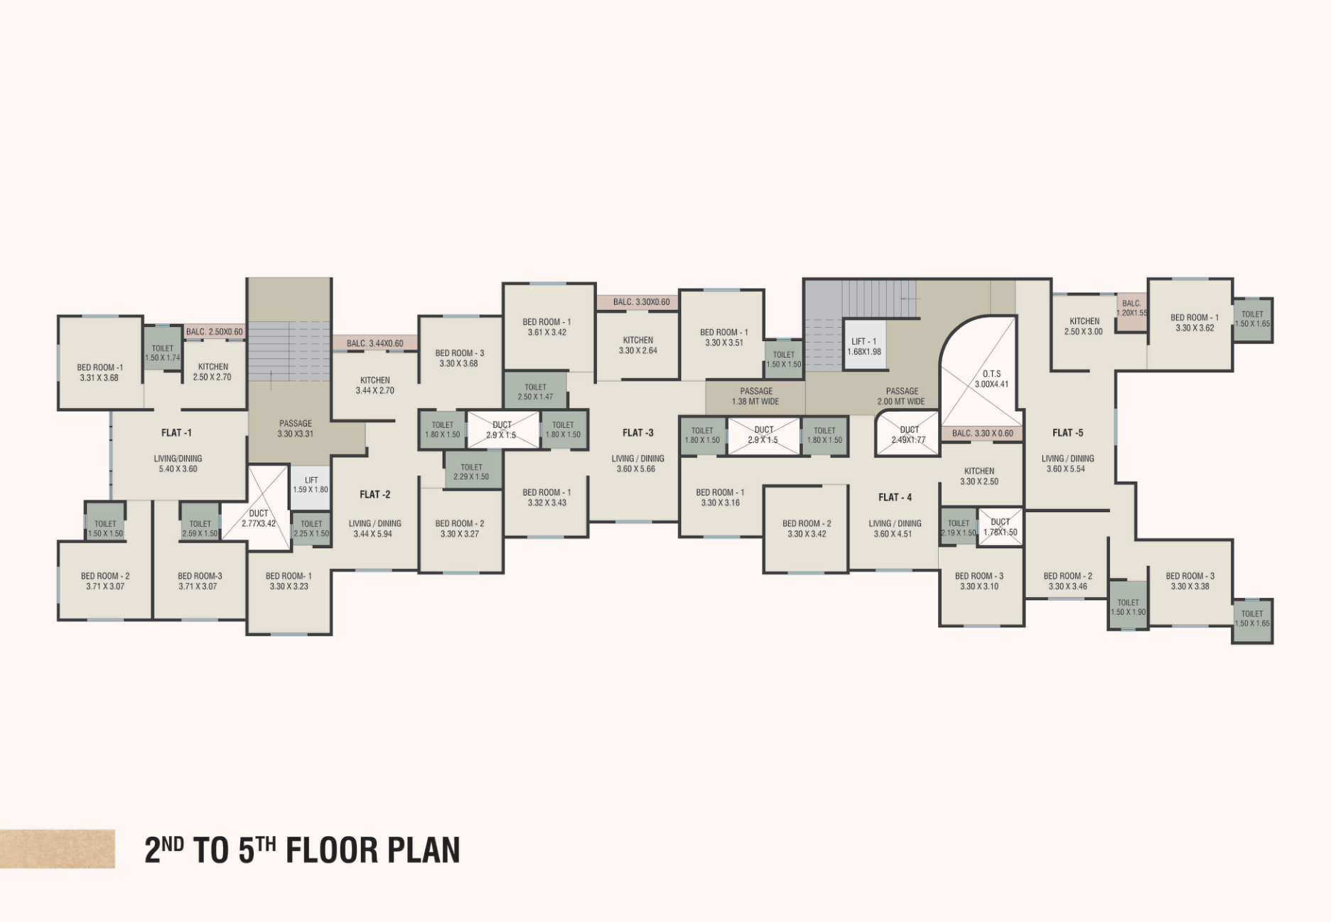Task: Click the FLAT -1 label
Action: click(176, 432)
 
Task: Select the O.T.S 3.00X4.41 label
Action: click(991, 379)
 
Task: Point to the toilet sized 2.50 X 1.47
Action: click(535, 390)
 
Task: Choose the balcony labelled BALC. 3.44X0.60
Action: click(374, 343)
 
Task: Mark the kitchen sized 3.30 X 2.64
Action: click(637, 345)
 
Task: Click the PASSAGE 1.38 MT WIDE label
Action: click(755, 396)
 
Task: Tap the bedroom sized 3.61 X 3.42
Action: click(548, 327)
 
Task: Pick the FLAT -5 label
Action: click(1067, 432)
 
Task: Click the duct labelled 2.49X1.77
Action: click(908, 434)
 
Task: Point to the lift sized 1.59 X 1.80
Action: click(311, 486)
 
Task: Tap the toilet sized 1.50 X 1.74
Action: click(163, 348)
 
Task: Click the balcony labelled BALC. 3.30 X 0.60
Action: click(982, 433)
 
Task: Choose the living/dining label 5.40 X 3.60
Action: click(178, 463)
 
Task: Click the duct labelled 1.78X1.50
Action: click(1001, 527)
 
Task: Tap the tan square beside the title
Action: click(58, 849)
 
